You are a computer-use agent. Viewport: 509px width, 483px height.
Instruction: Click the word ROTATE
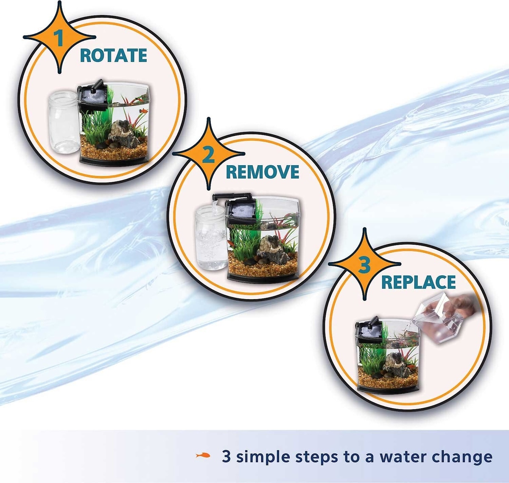pos(113,55)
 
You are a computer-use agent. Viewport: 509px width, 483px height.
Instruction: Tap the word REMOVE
pos(262,172)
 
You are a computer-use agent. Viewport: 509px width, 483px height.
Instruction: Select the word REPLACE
pos(418,282)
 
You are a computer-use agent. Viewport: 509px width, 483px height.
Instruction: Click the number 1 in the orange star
pos(59,38)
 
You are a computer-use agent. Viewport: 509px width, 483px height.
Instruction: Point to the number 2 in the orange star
pos(208,155)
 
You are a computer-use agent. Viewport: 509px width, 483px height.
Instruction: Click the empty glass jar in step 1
pos(64,122)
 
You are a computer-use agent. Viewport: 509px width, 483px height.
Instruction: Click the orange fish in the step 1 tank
pos(143,111)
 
